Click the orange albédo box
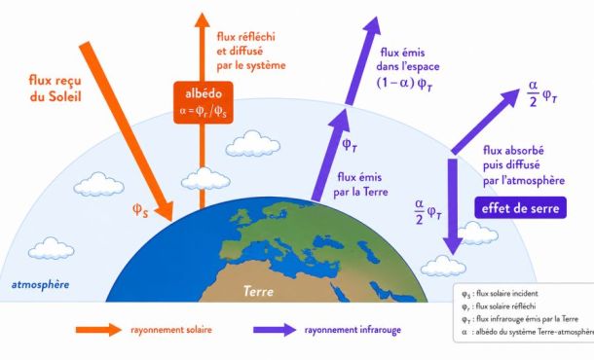(x=204, y=102)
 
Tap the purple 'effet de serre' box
(x=520, y=207)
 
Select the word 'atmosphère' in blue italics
(x=40, y=285)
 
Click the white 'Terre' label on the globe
(x=258, y=291)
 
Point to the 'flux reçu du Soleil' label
(x=56, y=88)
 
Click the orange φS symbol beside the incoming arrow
(x=140, y=210)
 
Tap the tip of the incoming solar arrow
(x=171, y=221)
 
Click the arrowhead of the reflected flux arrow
(x=202, y=20)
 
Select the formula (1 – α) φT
(x=404, y=84)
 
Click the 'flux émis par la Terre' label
(x=360, y=184)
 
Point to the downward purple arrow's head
(x=453, y=246)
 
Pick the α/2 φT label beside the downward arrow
(x=428, y=212)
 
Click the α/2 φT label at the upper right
(x=542, y=93)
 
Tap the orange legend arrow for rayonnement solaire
(x=98, y=330)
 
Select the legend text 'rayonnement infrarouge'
(x=353, y=330)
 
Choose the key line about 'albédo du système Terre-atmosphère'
(x=528, y=332)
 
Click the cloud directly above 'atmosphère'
(x=52, y=248)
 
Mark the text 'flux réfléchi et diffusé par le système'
(x=251, y=52)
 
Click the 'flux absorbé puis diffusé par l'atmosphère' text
(x=524, y=165)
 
